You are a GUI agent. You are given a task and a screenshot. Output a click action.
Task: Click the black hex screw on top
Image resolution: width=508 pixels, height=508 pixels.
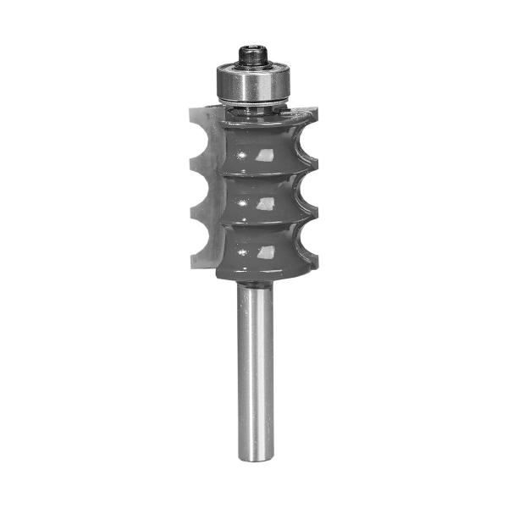point(253,55)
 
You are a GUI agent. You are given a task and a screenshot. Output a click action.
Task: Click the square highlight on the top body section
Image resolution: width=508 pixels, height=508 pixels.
point(265,155)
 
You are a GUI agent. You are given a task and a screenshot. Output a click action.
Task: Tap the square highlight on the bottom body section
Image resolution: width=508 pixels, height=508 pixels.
point(265,251)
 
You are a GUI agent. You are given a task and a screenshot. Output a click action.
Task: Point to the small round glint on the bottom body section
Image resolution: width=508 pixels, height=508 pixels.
point(242,252)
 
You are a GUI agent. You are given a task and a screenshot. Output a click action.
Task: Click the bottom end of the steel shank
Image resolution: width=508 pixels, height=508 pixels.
point(255,457)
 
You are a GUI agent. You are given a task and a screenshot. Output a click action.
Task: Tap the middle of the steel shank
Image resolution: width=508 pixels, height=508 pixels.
point(255,373)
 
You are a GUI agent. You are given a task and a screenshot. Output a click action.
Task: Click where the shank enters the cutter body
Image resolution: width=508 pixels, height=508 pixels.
point(255,285)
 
